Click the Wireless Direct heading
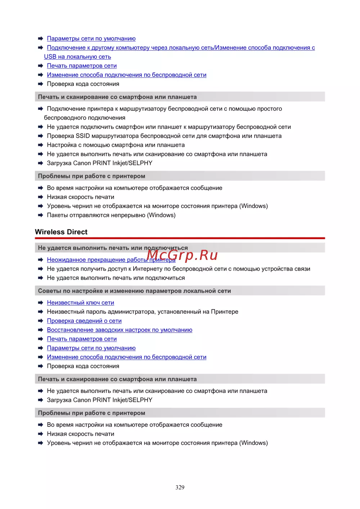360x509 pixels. [61, 232]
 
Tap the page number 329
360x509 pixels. [180, 487]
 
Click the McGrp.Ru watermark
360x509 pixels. [183, 255]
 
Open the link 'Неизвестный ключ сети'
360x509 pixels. [80, 303]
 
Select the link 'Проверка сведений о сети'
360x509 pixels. [84, 321]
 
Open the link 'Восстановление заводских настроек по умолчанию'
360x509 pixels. [120, 330]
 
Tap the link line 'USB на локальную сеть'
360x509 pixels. [77, 57]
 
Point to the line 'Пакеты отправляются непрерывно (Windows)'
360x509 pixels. [111, 215]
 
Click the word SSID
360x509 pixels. [83, 136]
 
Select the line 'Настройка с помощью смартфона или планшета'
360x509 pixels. [116, 145]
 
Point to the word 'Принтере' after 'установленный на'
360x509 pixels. [225, 312]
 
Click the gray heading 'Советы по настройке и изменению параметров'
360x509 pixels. [134, 291]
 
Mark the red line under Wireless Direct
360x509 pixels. [180, 238]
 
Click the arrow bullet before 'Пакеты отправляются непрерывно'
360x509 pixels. [41, 215]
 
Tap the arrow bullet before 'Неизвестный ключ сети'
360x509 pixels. [41, 303]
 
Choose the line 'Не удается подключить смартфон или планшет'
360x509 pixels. [169, 127]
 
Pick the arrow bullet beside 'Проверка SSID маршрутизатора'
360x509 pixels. [41, 136]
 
